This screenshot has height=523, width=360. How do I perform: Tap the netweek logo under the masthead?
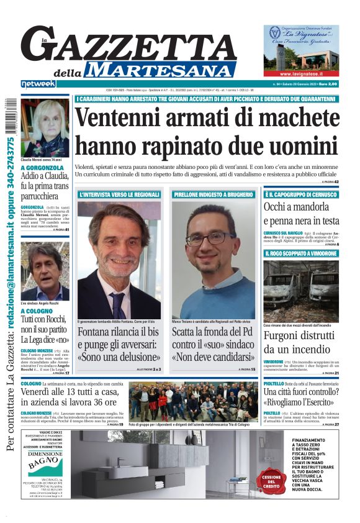38,83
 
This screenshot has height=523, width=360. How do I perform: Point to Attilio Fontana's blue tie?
117,304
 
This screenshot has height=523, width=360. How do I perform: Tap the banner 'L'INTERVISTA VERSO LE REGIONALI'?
118,194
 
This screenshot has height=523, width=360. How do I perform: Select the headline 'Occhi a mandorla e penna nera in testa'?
301,214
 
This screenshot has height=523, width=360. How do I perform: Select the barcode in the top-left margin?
10,117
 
